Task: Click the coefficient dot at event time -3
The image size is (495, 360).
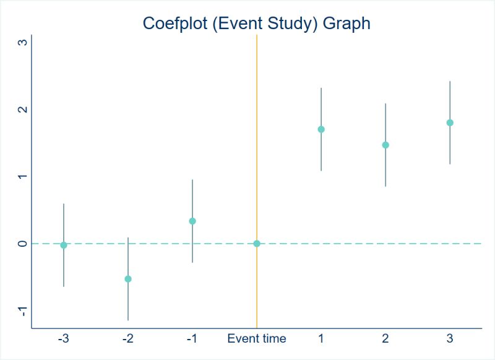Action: pyautogui.click(x=64, y=245)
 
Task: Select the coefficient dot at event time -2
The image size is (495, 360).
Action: pyautogui.click(x=128, y=279)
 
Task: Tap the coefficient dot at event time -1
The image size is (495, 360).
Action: pyautogui.click(x=192, y=221)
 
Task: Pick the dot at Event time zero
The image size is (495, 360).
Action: pyautogui.click(x=257, y=244)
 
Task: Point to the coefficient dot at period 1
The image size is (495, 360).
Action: pyautogui.click(x=321, y=129)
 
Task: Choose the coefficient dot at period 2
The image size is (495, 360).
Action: pyautogui.click(x=385, y=145)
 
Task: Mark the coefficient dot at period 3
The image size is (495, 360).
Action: pyautogui.click(x=450, y=122)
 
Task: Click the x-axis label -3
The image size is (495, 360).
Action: pyautogui.click(x=63, y=339)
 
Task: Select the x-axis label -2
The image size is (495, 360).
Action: pyautogui.click(x=127, y=339)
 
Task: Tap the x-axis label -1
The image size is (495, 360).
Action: pyautogui.click(x=192, y=339)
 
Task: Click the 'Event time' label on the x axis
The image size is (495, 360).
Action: pyautogui.click(x=257, y=339)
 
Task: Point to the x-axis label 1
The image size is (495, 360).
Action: pyautogui.click(x=321, y=339)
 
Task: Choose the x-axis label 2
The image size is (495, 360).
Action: pyautogui.click(x=385, y=339)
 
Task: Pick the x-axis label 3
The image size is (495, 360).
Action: pyautogui.click(x=450, y=339)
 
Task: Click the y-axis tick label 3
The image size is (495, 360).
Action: pyautogui.click(x=23, y=43)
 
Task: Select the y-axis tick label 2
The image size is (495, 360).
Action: pyautogui.click(x=23, y=109)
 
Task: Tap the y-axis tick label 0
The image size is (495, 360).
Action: pyautogui.click(x=23, y=244)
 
